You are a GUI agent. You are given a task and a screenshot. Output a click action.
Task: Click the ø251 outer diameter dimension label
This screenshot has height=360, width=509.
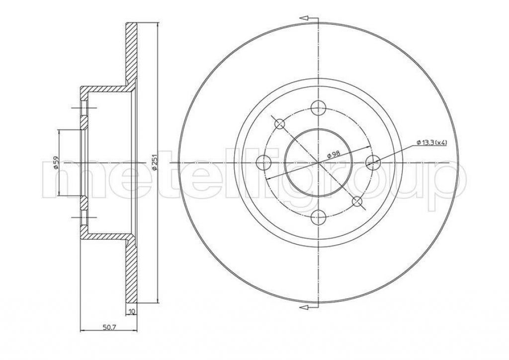(155, 163)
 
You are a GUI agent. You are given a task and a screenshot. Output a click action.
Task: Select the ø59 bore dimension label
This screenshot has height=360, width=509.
(56, 162)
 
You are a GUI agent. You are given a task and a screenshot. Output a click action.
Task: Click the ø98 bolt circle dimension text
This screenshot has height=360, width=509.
(334, 154)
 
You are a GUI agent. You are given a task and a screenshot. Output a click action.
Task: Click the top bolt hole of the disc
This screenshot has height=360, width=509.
(318, 107)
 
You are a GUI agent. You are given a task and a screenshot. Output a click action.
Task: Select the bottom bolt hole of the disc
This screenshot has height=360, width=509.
(318, 217)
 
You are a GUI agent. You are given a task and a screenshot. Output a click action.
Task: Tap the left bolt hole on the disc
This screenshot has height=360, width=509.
(263, 162)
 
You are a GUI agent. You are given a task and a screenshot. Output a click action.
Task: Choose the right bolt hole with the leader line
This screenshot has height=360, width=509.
(373, 162)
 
